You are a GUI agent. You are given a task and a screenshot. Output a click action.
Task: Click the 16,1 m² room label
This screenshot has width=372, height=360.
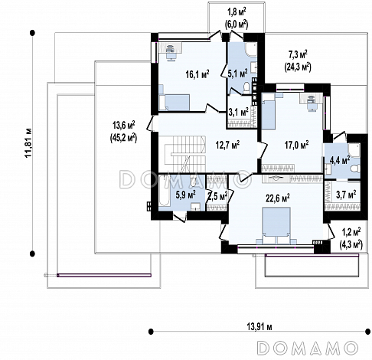tap(197, 74)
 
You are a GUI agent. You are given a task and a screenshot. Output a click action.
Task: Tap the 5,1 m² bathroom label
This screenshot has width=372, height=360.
tap(237, 74)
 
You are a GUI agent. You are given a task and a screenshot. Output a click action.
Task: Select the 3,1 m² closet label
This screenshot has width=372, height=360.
tap(238, 112)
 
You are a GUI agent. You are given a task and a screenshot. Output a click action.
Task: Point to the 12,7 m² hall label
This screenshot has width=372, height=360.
tap(227, 145)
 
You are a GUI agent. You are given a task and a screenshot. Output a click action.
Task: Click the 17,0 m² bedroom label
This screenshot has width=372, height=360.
tap(296, 145)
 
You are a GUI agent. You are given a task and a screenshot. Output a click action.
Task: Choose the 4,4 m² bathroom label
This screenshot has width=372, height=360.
tap(340, 160)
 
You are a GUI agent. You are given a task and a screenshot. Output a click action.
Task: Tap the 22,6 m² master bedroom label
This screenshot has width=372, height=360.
tap(278, 198)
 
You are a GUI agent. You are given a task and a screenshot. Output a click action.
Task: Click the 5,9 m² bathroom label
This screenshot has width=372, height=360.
tap(185, 195)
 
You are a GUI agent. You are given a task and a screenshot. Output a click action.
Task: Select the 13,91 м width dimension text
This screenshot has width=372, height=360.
tap(259, 327)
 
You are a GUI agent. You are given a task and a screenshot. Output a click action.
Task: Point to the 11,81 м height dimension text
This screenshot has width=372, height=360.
tap(28, 142)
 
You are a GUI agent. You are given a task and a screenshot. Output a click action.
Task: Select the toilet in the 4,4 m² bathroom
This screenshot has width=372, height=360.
tap(355, 169)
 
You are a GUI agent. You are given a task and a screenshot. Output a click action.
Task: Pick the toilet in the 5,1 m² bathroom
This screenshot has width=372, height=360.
tap(247, 88)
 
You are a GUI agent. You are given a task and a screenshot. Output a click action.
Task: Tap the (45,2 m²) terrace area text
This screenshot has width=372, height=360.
tap(123, 138)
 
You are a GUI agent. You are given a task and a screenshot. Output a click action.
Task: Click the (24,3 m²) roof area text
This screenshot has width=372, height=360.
tap(298, 67)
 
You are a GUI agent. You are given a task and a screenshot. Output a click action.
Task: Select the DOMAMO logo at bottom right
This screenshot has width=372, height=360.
tap(308, 348)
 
